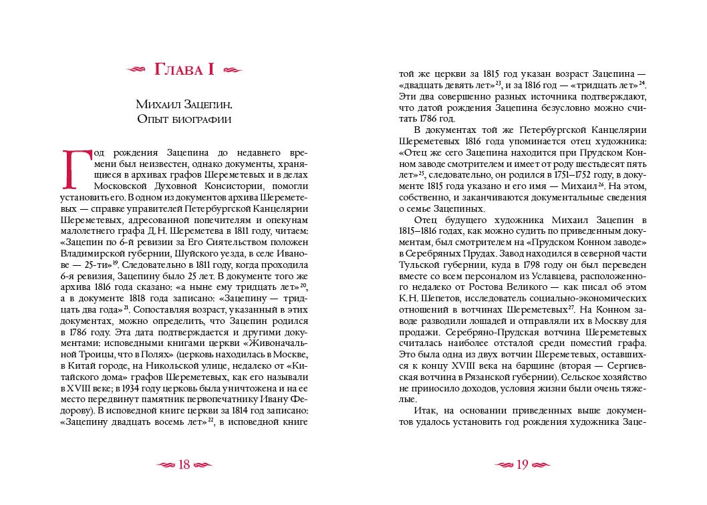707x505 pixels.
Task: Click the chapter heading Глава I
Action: coord(184,69)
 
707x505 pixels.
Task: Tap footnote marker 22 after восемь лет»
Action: coord(210,419)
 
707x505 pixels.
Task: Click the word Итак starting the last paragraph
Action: coord(428,409)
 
